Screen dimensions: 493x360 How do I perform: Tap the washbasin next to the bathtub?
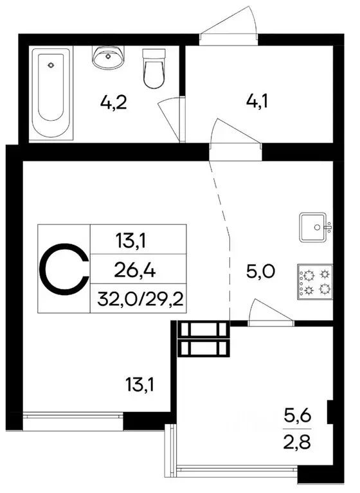[107, 57]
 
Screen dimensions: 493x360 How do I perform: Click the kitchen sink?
[314, 226]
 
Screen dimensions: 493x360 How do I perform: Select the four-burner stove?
[314, 282]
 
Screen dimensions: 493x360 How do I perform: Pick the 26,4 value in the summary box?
[138, 269]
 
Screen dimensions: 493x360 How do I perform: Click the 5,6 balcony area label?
[297, 416]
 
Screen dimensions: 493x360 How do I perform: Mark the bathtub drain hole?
[52, 65]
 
